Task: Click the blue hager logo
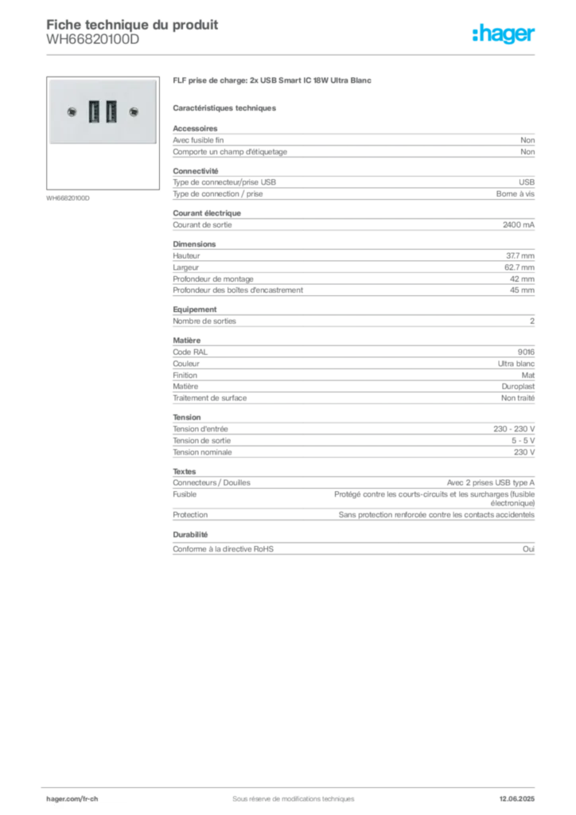pyautogui.click(x=505, y=35)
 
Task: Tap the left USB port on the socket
pyautogui.click(x=94, y=111)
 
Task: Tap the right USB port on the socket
pyautogui.click(x=111, y=111)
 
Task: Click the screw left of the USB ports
pyautogui.click(x=73, y=112)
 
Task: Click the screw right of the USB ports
pyautogui.click(x=132, y=112)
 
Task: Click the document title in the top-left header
pyautogui.click(x=131, y=21)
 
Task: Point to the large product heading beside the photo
pyautogui.click(x=273, y=83)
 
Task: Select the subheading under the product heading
pyautogui.click(x=225, y=107)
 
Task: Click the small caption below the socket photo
pyautogui.click(x=70, y=197)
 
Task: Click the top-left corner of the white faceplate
pyautogui.click(x=49, y=80)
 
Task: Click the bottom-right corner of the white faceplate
pyautogui.click(x=156, y=144)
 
